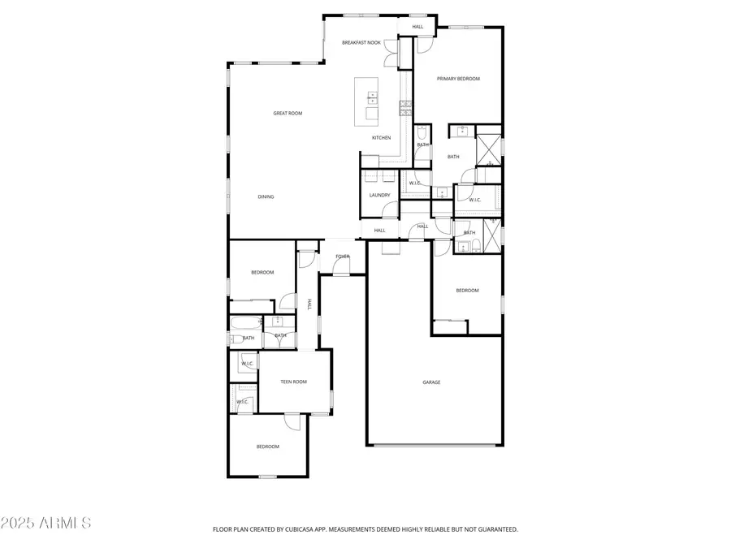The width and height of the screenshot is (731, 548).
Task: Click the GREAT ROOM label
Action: tap(288, 114)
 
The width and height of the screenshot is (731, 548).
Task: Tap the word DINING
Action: tap(266, 196)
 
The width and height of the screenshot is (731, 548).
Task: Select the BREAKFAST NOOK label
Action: tap(361, 42)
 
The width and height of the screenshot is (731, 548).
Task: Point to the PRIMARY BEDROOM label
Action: tap(458, 79)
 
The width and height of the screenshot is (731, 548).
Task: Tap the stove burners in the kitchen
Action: tap(403, 105)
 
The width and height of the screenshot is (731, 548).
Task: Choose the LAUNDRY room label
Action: tap(379, 195)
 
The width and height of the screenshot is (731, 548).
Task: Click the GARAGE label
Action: tap(431, 382)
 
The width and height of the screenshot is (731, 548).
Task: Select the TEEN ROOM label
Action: tap(293, 382)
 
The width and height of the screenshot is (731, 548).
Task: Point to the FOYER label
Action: tap(343, 257)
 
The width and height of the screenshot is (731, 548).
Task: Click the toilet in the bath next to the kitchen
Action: tap(422, 133)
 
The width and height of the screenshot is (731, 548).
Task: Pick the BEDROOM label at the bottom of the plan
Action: tap(268, 447)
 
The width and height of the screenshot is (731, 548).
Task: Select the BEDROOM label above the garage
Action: tap(467, 291)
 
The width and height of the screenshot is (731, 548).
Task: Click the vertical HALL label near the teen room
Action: tap(309, 304)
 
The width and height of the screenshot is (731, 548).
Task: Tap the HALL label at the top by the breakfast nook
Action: tap(417, 27)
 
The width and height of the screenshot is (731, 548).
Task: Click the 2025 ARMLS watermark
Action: tap(46, 523)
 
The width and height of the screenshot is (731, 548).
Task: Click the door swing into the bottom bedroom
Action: tap(292, 421)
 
